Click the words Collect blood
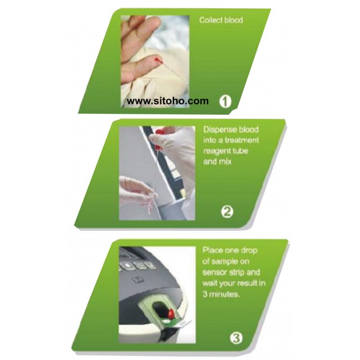(221, 20)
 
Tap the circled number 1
(225, 101)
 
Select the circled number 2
(227, 211)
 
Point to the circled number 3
(236, 338)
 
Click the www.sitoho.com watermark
(167, 101)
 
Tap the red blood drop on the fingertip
(158, 60)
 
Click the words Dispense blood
(231, 130)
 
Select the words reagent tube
(226, 151)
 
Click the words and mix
(217, 162)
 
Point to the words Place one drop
(230, 250)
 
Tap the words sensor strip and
(231, 272)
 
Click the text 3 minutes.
(221, 294)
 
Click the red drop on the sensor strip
(171, 313)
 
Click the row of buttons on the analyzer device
(137, 265)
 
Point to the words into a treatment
(231, 140)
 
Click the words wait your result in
(234, 283)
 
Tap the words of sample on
(226, 261)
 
